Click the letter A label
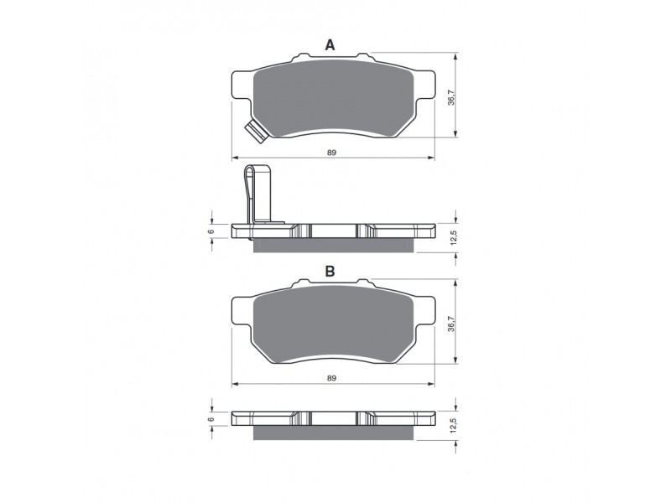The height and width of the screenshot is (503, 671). (x=330, y=45)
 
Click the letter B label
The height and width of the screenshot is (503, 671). (x=330, y=272)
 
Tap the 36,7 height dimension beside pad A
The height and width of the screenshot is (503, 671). (x=450, y=97)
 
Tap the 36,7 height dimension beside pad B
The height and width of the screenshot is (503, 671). (x=450, y=324)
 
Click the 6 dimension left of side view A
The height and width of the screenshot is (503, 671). (x=212, y=231)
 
